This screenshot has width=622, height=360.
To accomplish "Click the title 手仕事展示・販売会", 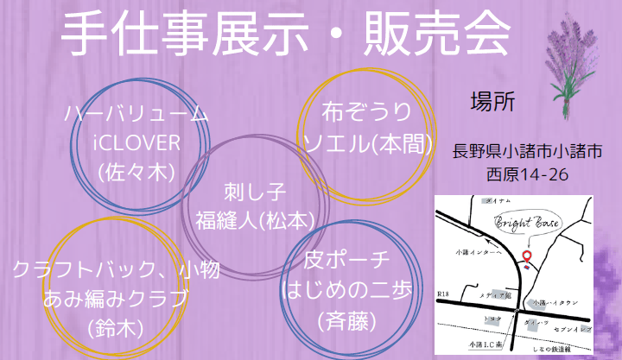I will pos(286,37).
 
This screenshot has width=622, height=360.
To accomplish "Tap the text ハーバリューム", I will pos(136,113).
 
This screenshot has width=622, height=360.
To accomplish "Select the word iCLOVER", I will pos(136,142).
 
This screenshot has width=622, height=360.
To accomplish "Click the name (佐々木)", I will pos(136,171).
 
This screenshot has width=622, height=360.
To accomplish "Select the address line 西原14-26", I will pos(527,174).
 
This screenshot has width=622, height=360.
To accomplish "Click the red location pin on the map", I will pos(526,256).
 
